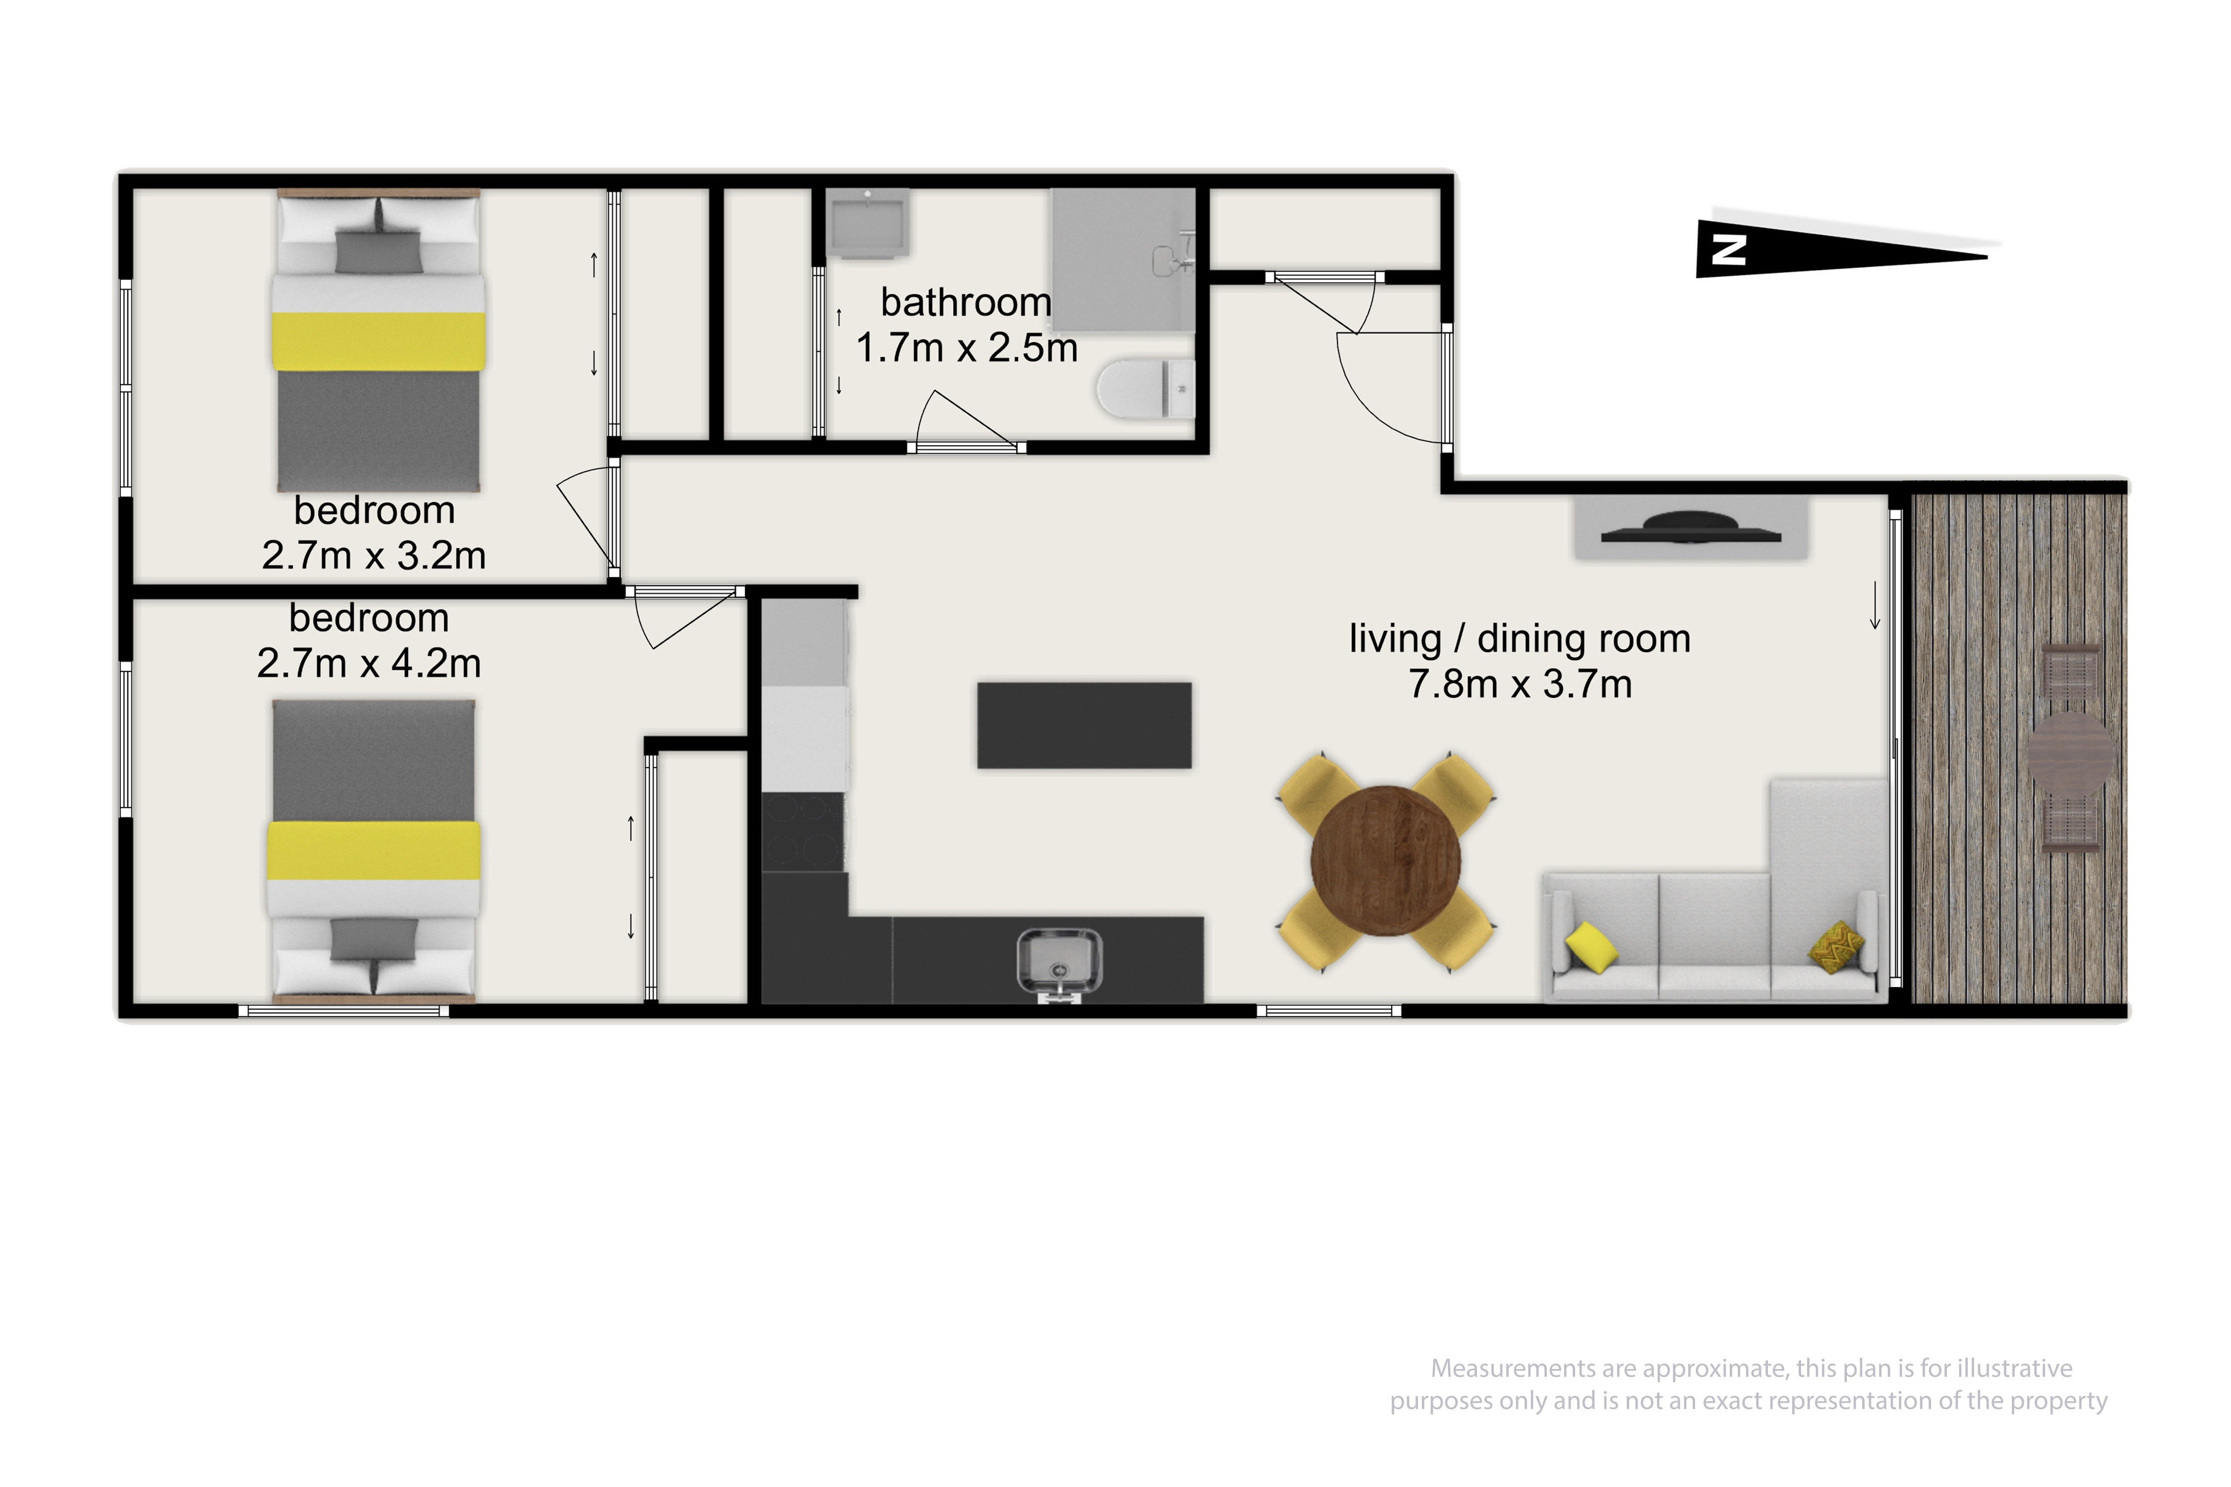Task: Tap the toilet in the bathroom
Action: click(x=1146, y=388)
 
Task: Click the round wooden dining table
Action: click(x=1386, y=860)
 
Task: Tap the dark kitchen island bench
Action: click(x=1084, y=725)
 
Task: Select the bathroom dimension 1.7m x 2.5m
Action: click(x=967, y=348)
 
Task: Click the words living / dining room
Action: click(x=1520, y=639)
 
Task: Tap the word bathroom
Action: click(x=966, y=302)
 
